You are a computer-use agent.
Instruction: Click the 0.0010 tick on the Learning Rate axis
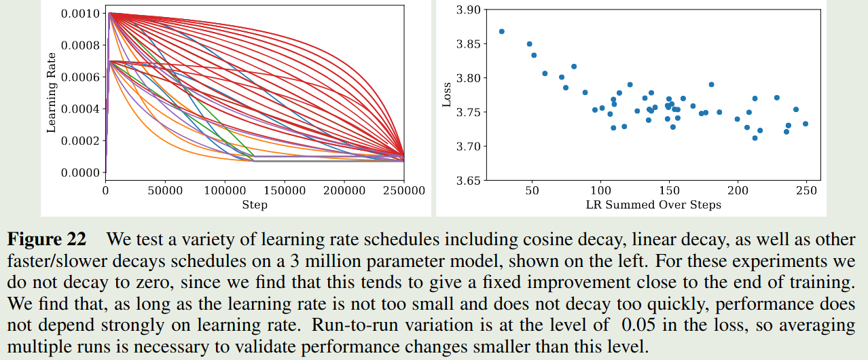coord(79,14)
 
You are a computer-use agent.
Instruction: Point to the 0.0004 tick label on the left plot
coord(79,109)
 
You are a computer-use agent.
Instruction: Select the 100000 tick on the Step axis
coord(225,191)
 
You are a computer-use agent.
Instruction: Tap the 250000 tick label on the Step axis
coord(403,191)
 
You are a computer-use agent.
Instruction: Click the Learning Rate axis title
coord(52,94)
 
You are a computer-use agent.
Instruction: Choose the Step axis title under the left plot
coord(255,204)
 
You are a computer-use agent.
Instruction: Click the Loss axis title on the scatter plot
coord(447,95)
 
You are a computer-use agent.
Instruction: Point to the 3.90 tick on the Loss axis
coord(468,10)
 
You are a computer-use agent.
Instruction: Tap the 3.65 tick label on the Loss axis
coord(468,181)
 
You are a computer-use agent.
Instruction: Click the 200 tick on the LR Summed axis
coord(737,191)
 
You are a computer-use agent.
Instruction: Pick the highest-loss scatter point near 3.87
coord(501,31)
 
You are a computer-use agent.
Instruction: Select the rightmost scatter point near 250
coord(806,124)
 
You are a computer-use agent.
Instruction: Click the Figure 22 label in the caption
coord(47,240)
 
